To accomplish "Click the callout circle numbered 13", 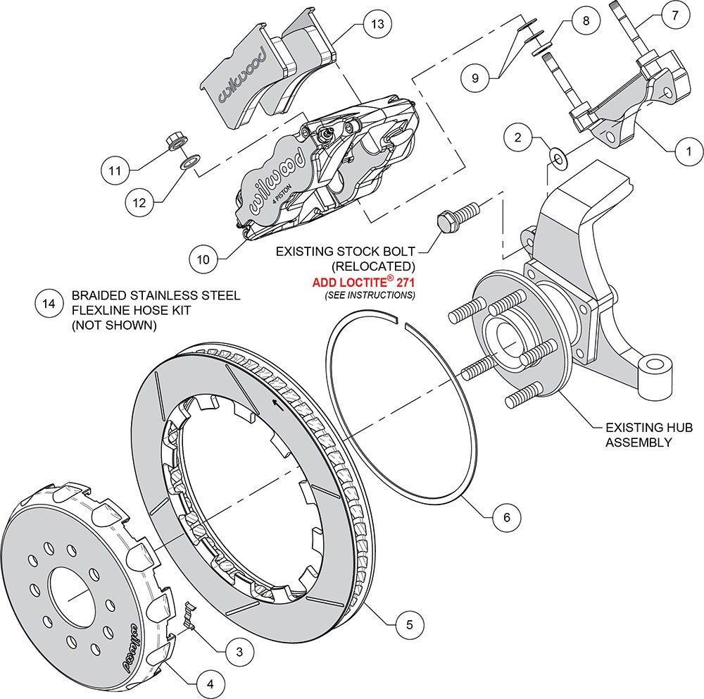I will [x=377, y=25].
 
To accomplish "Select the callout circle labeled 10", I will [x=203, y=259].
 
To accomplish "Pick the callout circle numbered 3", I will [x=239, y=652].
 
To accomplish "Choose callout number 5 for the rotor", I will [x=409, y=623].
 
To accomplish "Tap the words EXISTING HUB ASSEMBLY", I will [x=639, y=435].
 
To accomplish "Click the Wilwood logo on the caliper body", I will [x=275, y=175].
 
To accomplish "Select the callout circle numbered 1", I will [x=689, y=149].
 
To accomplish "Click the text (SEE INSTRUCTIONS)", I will [x=370, y=295].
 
